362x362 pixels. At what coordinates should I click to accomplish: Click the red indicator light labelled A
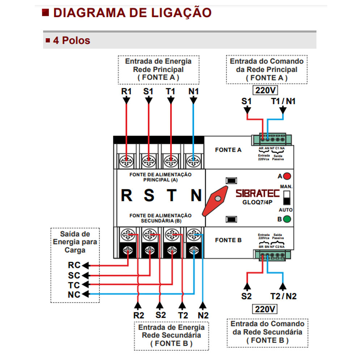click(x=287, y=176)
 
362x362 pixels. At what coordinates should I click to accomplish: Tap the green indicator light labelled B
click(x=287, y=219)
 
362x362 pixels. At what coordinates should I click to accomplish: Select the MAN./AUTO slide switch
click(x=287, y=198)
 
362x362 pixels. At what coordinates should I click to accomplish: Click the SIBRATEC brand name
click(x=258, y=193)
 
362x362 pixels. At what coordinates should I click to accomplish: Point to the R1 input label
click(x=126, y=92)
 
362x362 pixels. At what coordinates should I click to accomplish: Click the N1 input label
click(x=193, y=92)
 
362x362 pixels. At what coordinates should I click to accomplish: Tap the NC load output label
click(x=74, y=294)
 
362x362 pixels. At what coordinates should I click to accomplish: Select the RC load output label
click(x=74, y=265)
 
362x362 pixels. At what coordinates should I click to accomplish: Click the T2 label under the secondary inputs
click(x=182, y=315)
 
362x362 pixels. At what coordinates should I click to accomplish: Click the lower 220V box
click(x=265, y=309)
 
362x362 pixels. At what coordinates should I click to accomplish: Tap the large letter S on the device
click(x=149, y=195)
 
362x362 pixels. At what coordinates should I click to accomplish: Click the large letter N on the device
click(x=196, y=195)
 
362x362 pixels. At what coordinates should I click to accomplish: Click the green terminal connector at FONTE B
click(x=271, y=255)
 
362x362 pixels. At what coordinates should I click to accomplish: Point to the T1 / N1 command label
click(x=283, y=101)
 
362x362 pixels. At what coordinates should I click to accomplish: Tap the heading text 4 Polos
click(x=71, y=40)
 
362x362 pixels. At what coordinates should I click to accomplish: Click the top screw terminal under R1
click(x=126, y=159)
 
